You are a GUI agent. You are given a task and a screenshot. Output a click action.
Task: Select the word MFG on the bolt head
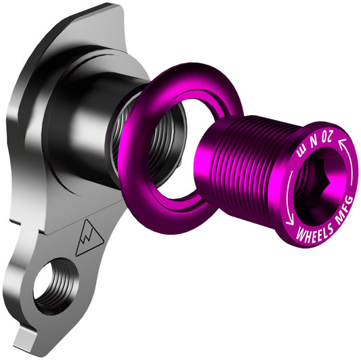point(339,209)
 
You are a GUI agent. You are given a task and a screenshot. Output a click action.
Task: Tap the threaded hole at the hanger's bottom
point(54,284)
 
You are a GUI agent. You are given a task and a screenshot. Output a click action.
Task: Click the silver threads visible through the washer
point(160,142)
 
